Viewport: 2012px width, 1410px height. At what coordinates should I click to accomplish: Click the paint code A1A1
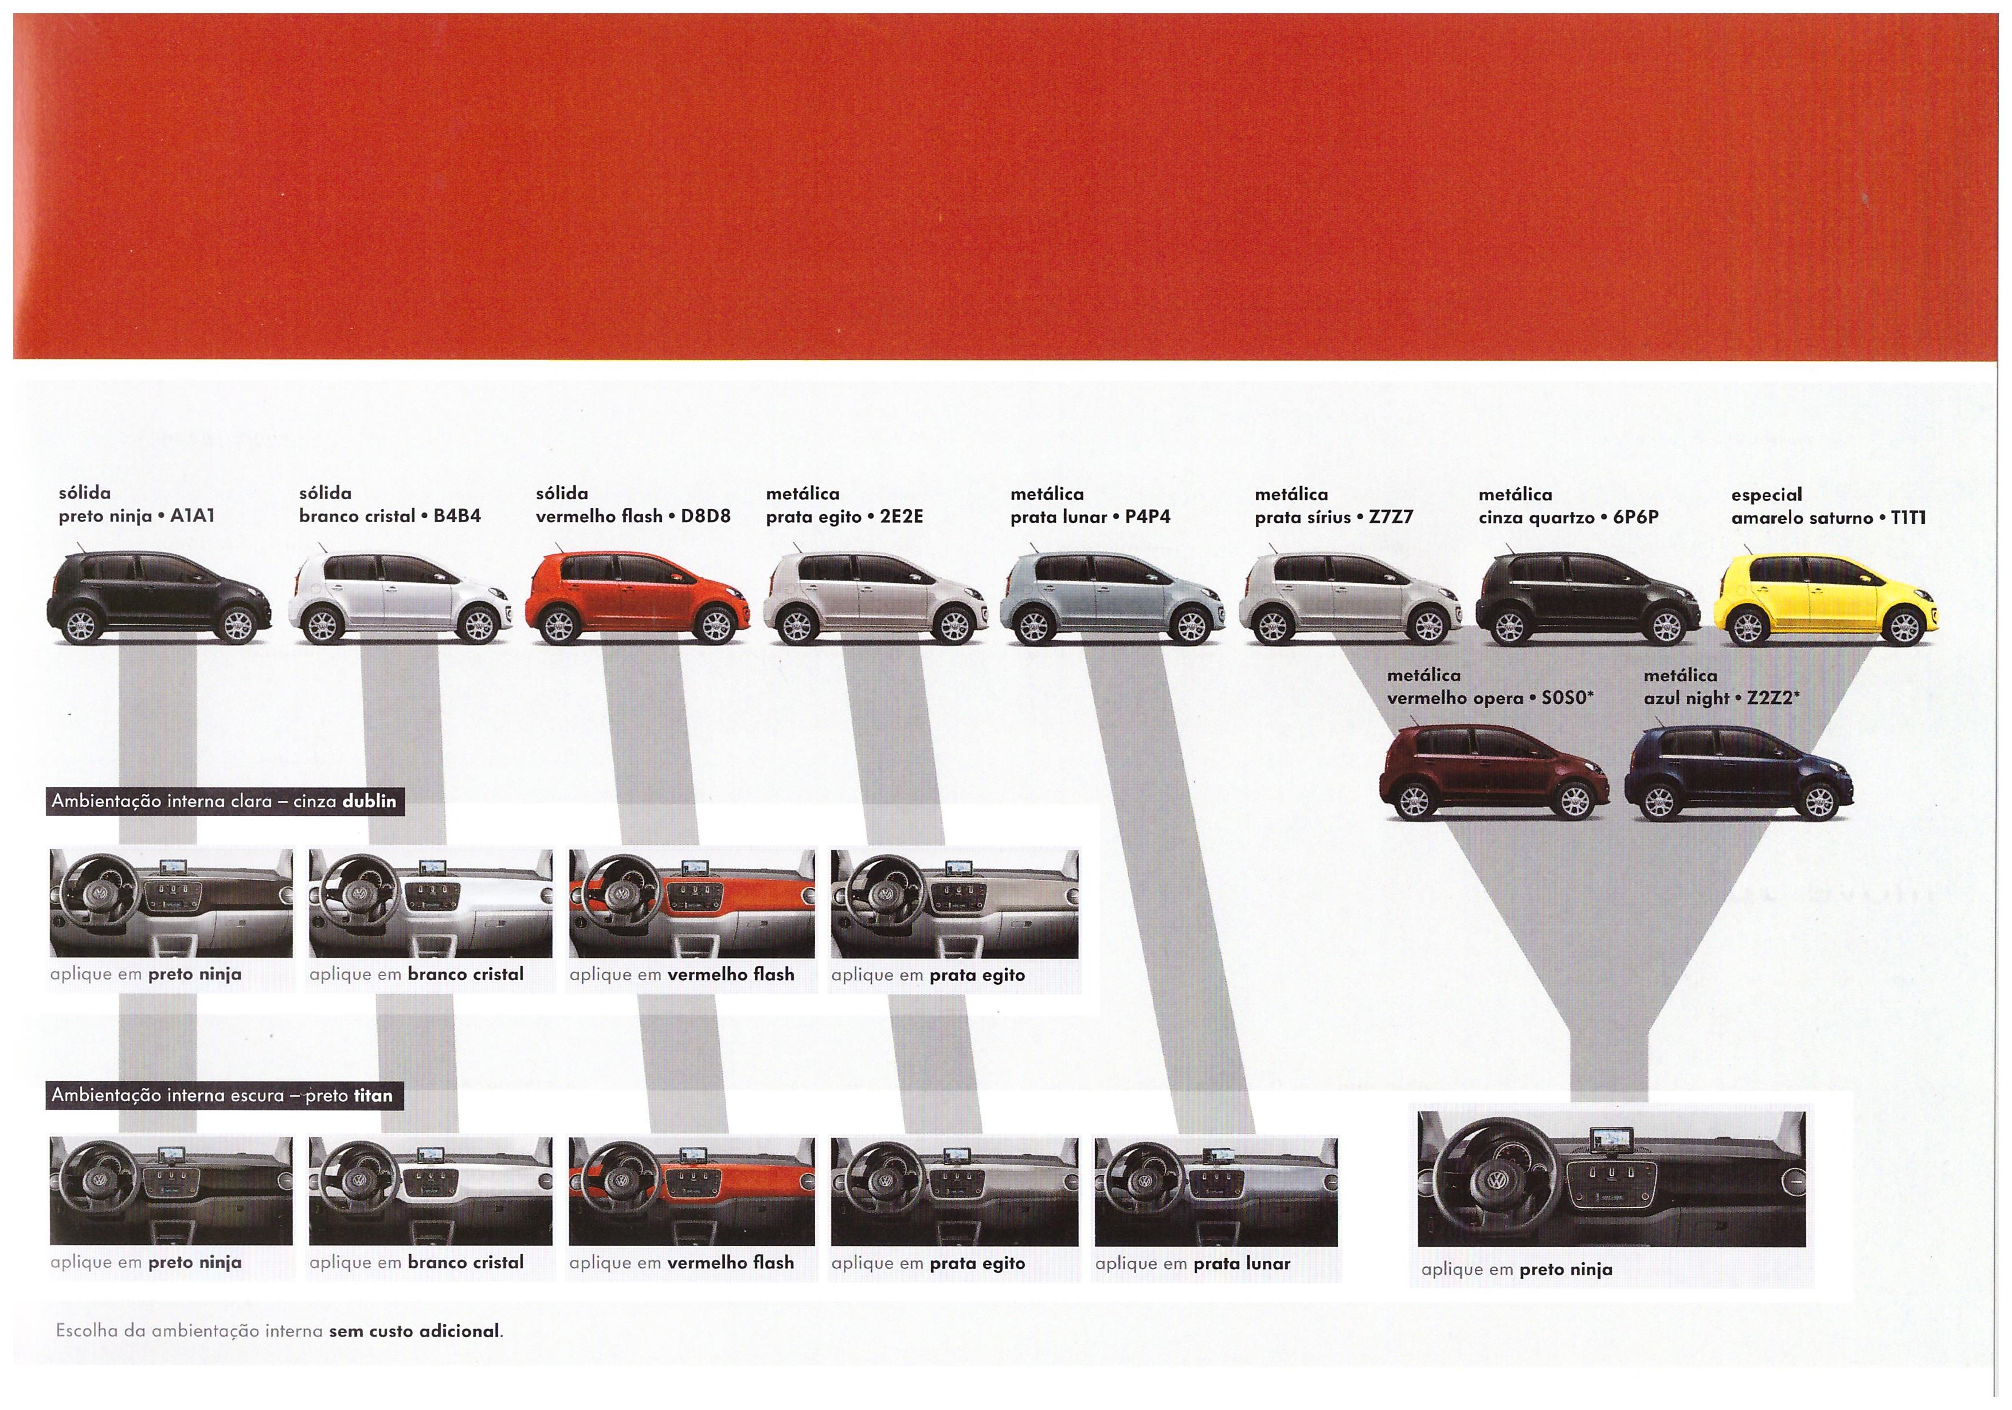(x=192, y=516)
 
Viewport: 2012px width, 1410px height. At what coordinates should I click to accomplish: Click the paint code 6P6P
(x=1635, y=517)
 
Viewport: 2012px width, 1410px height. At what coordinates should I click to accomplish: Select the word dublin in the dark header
(x=369, y=801)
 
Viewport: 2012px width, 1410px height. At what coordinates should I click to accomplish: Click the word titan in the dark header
(x=373, y=1095)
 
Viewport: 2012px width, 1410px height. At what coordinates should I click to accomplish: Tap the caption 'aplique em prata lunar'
(x=1193, y=1264)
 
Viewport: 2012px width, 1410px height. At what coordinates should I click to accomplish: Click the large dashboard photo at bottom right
(x=1611, y=1178)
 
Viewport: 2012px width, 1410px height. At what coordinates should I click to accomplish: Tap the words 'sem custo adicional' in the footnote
(x=414, y=1330)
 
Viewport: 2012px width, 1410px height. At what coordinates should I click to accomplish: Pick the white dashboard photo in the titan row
(x=431, y=1191)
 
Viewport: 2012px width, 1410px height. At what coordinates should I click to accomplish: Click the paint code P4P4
(x=1148, y=517)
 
